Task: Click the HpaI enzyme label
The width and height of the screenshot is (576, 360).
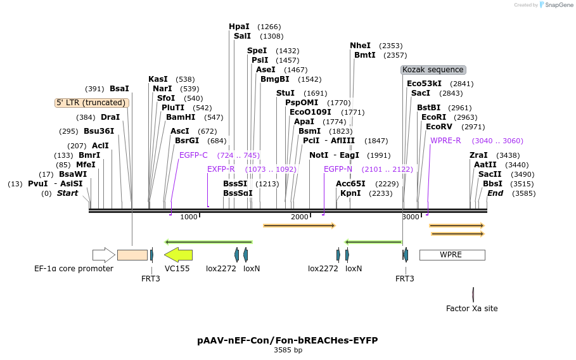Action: [x=239, y=27]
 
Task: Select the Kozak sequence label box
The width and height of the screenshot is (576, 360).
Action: [x=433, y=70]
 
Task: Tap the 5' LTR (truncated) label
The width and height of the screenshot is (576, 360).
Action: [x=92, y=103]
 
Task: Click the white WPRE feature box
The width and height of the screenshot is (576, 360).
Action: [x=452, y=255]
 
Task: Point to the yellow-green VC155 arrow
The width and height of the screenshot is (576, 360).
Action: [x=178, y=255]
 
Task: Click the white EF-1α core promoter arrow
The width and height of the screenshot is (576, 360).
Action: [x=103, y=255]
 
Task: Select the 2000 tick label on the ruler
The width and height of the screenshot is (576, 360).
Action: [x=299, y=217]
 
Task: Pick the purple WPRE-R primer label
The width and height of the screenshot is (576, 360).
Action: [x=445, y=141]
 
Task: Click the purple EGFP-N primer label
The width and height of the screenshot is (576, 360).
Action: [x=338, y=169]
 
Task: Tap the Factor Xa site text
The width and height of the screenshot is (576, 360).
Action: [x=472, y=309]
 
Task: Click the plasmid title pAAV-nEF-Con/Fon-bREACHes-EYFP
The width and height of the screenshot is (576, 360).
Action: [x=288, y=340]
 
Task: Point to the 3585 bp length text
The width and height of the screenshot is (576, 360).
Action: [x=288, y=350]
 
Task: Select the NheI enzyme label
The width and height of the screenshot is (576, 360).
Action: [x=360, y=46]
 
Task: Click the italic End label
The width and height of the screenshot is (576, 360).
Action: [x=495, y=193]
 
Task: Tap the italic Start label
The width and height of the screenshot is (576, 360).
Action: [x=68, y=193]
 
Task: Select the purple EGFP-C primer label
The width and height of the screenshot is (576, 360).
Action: [x=193, y=155]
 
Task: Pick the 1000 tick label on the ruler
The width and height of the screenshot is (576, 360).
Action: [x=189, y=217]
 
